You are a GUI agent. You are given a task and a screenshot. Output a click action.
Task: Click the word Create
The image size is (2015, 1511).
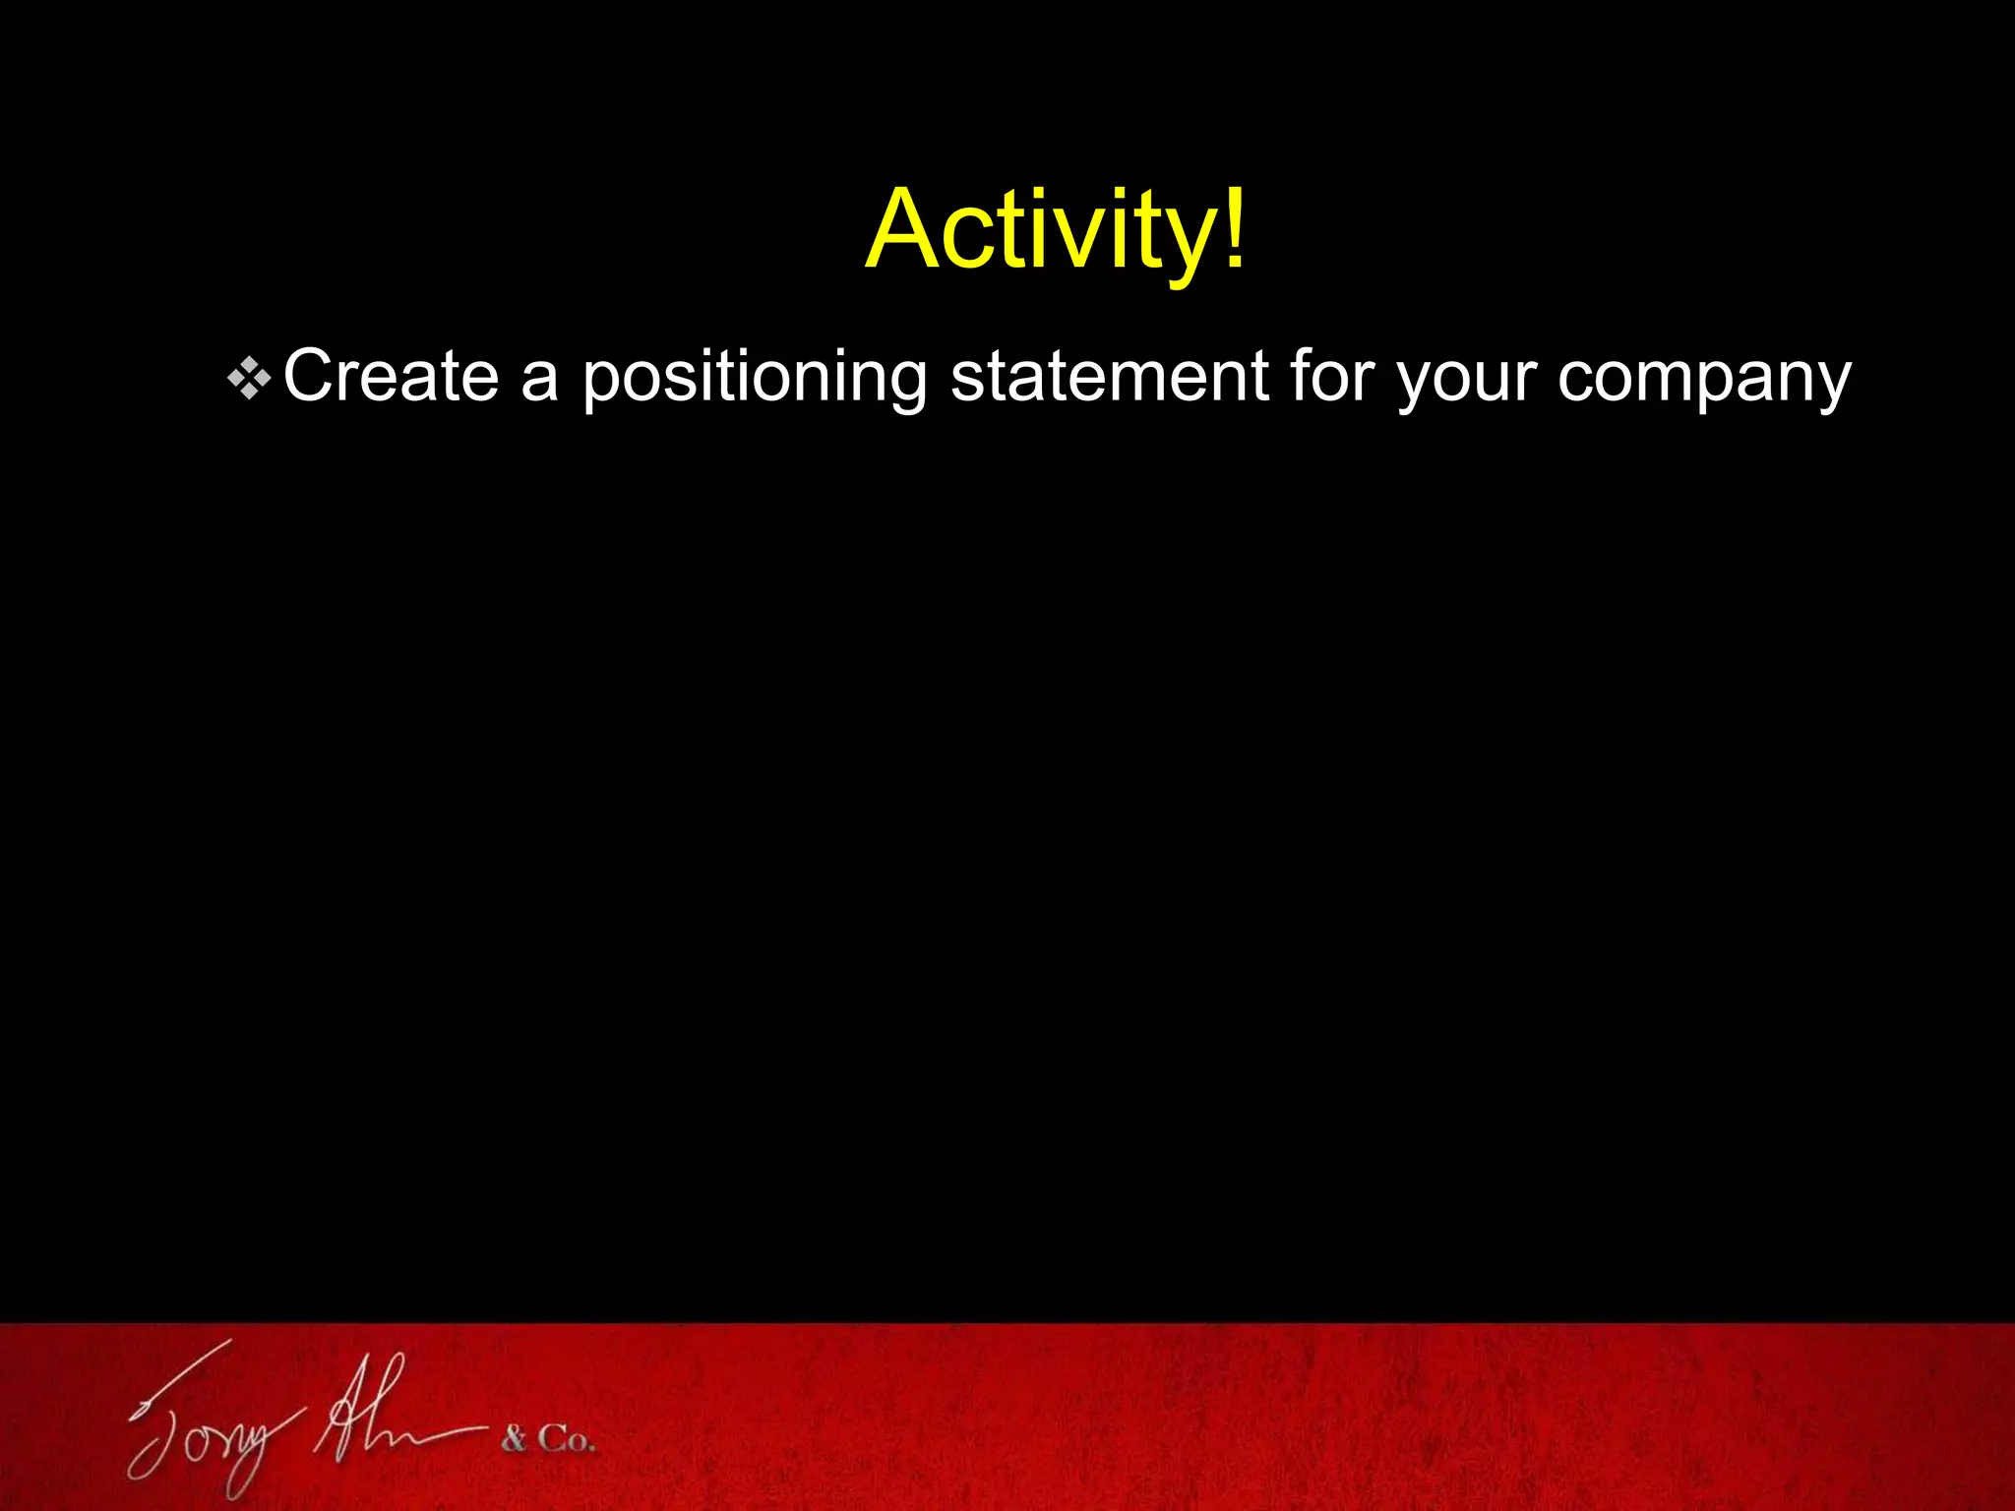pyautogui.click(x=391, y=376)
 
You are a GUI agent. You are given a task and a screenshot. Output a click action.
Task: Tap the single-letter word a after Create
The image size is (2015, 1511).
pyautogui.click(x=540, y=380)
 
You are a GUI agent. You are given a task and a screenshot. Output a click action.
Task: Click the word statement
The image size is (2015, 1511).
pyautogui.click(x=1109, y=376)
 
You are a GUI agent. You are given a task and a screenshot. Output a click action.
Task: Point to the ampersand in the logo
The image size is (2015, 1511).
pyautogui.click(x=514, y=1440)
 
